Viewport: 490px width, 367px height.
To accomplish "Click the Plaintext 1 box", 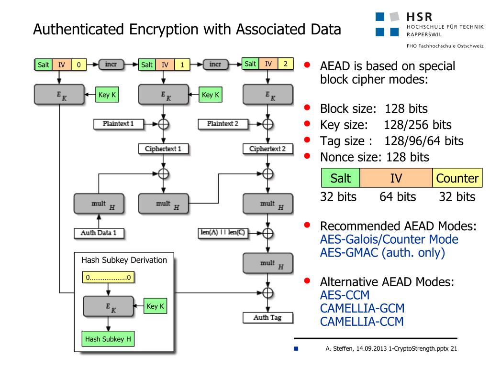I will tap(118, 124).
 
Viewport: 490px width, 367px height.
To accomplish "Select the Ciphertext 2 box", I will tap(267, 149).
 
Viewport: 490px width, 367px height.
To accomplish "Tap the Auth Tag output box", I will tap(267, 317).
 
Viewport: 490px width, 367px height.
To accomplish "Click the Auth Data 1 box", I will tap(99, 233).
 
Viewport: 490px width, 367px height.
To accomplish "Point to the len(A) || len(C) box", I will tap(222, 233).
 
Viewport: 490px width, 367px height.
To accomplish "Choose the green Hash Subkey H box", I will tap(108, 339).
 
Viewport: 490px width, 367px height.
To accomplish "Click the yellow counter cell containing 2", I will tap(286, 64).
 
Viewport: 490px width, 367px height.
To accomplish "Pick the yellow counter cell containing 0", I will tap(79, 65).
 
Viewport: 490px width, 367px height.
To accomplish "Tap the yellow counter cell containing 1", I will tap(182, 65).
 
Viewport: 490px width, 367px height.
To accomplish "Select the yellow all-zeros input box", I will tap(109, 277).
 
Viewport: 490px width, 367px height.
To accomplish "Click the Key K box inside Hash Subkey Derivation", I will tap(156, 306).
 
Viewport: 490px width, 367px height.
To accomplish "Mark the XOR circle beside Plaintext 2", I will tap(267, 124).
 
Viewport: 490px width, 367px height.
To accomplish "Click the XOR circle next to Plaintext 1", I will tap(163, 124).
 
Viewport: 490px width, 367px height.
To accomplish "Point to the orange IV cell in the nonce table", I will tap(396, 179).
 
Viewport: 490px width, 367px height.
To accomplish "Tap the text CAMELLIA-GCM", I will tap(362, 308).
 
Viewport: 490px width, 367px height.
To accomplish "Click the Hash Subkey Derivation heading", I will tap(124, 260).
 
